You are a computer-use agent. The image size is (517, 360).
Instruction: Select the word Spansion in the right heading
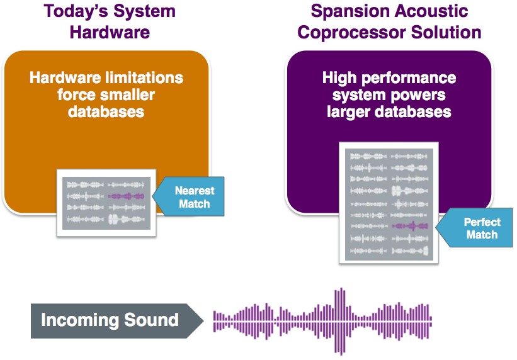coord(349,12)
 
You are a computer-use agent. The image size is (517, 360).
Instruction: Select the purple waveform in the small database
coord(127,196)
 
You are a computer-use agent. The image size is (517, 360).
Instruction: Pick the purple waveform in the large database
coord(410,226)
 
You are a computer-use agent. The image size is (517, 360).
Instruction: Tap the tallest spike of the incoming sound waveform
coord(341,322)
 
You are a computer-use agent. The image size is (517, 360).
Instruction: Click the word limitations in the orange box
coord(144,78)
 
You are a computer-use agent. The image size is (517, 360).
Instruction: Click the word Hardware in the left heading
coord(110,33)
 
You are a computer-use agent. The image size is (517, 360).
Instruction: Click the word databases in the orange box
coord(106,112)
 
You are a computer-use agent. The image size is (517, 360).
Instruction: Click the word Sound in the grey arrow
coord(151,320)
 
